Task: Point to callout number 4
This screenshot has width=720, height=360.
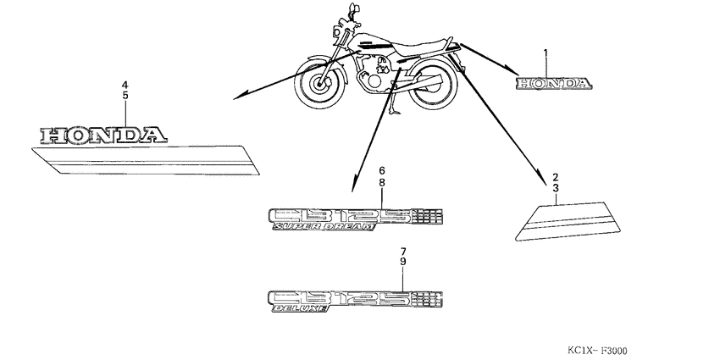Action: (x=125, y=85)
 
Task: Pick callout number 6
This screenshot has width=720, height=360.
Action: (x=382, y=170)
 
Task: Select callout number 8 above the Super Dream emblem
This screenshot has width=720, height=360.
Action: (x=382, y=182)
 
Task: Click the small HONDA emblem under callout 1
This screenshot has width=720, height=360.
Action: (x=556, y=83)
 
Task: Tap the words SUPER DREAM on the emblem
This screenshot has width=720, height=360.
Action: (x=322, y=229)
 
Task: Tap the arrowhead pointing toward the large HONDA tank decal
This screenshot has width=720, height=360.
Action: (x=240, y=97)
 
